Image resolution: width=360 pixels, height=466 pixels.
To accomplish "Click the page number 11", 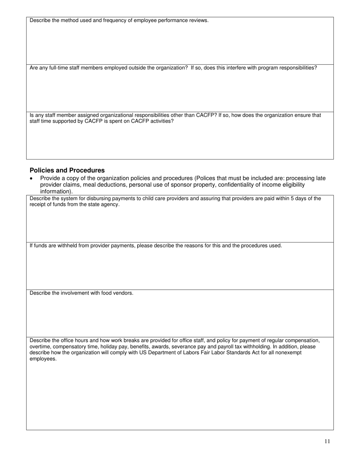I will coord(327,441).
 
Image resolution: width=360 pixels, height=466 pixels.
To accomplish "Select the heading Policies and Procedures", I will coord(67,170).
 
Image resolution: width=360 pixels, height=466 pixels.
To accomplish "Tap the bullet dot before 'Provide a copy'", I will coord(31,178).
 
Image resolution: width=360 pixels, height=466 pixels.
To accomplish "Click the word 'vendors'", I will coord(123,293).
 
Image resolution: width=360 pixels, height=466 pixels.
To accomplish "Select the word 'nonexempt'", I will coord(289,353).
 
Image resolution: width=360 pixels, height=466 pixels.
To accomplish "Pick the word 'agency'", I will coord(110,205).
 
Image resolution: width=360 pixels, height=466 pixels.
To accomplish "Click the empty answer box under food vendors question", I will coord(180,316).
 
